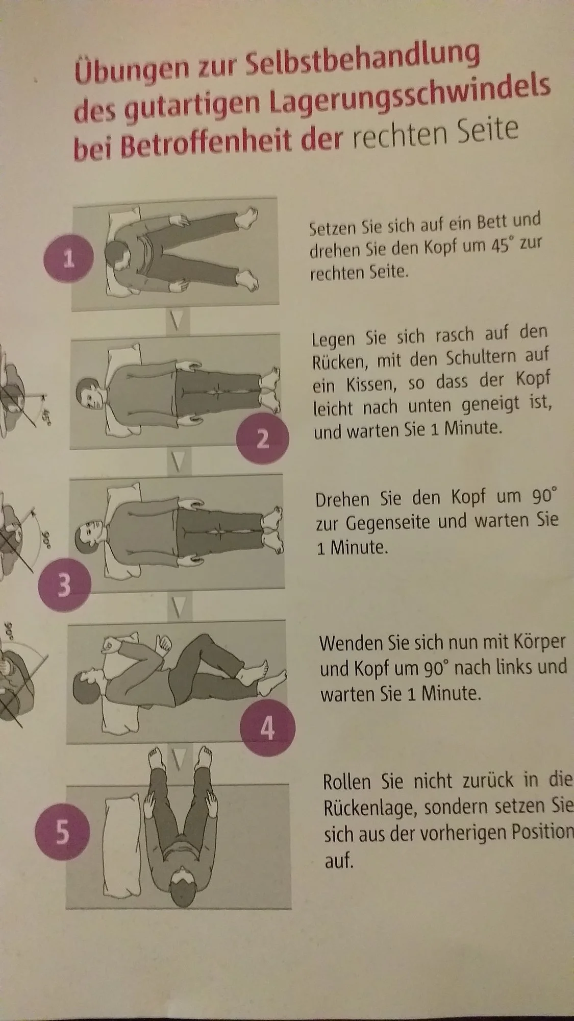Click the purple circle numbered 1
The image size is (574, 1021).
(x=69, y=260)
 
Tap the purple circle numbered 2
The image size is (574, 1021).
(x=262, y=437)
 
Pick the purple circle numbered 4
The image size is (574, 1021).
(x=267, y=729)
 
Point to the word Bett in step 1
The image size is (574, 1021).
(x=491, y=222)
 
